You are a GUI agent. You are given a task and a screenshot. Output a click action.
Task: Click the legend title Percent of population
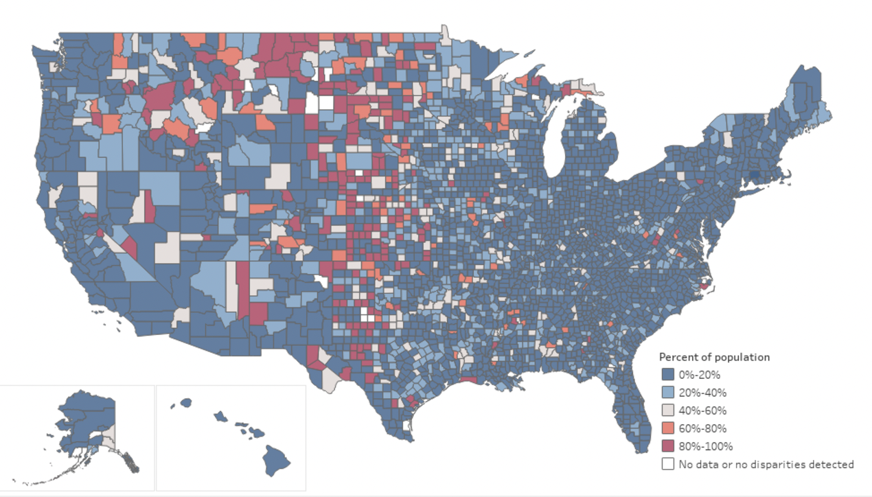[714, 357]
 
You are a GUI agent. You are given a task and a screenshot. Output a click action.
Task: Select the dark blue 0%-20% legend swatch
[667, 375]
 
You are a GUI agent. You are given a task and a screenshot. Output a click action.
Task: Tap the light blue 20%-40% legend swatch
[667, 393]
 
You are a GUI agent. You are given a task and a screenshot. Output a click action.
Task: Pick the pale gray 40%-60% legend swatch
[667, 411]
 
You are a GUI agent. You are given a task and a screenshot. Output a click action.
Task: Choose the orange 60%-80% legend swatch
[667, 428]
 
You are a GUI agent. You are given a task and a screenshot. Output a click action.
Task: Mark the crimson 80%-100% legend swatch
[667, 446]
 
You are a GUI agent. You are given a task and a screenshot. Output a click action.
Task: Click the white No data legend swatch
[667, 464]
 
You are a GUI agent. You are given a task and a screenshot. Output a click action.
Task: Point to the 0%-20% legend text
[699, 375]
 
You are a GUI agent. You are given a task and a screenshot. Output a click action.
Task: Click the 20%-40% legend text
[702, 393]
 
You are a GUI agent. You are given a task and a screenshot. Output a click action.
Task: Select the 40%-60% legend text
[702, 411]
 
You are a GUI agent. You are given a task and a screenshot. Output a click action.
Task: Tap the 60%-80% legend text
[702, 428]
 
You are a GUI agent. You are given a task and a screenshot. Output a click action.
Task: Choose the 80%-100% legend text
[704, 446]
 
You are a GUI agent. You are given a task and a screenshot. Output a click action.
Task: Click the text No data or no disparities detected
[766, 464]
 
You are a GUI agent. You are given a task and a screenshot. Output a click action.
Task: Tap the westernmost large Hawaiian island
[185, 402]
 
